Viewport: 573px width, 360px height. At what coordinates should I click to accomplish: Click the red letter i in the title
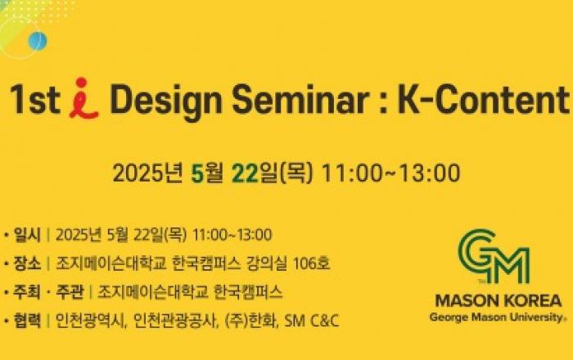click(x=83, y=98)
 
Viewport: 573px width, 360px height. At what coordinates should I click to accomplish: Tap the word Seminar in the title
click(x=300, y=99)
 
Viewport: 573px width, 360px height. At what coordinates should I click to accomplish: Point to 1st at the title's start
click(x=35, y=99)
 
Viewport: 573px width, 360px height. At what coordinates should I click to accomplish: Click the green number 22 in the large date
click(x=246, y=173)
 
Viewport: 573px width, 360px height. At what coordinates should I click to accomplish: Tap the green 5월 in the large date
click(x=207, y=173)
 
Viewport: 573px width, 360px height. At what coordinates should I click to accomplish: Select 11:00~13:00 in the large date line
click(x=390, y=173)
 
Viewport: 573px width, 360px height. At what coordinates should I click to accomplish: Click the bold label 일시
click(x=27, y=234)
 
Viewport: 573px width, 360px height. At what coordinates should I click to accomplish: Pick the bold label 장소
click(x=27, y=263)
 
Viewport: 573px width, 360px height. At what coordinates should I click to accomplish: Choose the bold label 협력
click(x=27, y=321)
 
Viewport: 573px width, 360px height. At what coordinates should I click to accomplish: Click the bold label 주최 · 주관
click(x=48, y=292)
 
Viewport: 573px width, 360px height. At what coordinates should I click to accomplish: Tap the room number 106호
click(x=311, y=263)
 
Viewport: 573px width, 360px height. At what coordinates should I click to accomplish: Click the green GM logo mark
click(x=494, y=257)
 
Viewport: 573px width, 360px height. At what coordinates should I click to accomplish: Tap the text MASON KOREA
click(x=499, y=300)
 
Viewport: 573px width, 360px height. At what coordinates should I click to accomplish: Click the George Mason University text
click(x=496, y=317)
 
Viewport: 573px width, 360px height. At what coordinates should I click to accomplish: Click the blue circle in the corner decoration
click(x=38, y=41)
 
